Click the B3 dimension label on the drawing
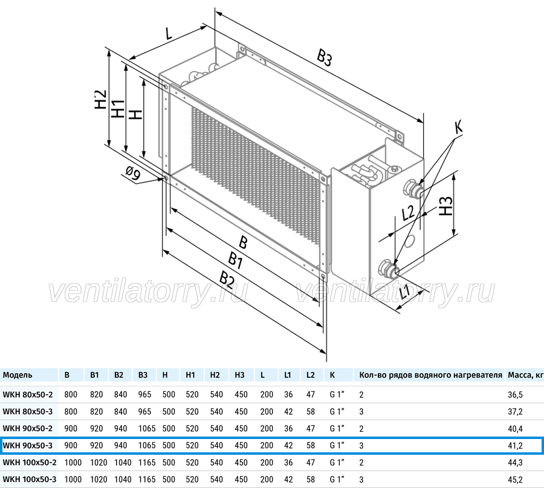324,57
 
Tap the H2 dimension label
100,99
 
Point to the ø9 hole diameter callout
132,173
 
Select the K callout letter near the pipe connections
459,127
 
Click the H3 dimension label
446,206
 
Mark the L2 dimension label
408,212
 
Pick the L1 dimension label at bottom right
404,291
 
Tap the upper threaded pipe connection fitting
412,189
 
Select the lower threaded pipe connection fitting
389,268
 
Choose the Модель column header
18,375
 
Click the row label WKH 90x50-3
28,445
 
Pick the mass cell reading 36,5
515,395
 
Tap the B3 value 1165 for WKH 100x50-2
147,463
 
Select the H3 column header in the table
239,375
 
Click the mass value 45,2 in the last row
515,480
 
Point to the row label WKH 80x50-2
28,394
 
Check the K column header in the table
332,375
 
